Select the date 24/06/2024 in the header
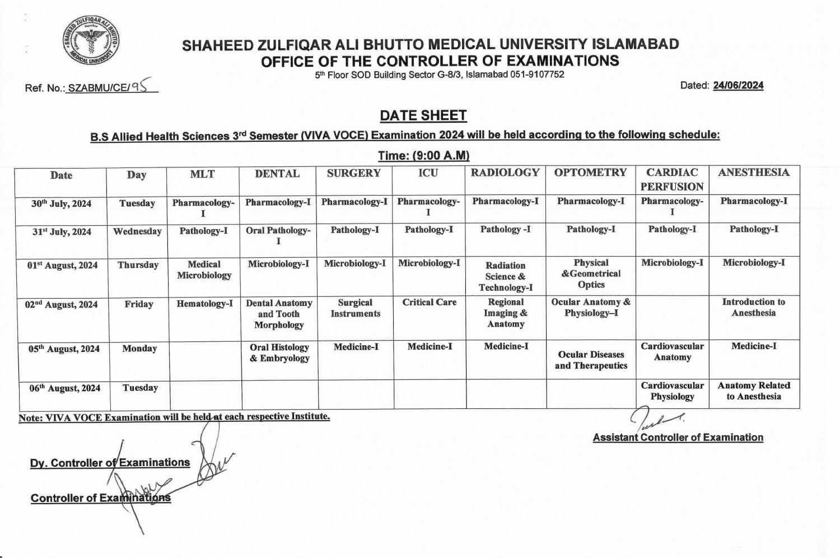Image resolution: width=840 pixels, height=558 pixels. (738, 86)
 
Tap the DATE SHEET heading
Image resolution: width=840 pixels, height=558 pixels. (423, 115)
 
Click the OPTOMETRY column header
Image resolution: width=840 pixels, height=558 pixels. (590, 173)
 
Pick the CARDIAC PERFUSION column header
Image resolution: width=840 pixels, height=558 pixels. (672, 179)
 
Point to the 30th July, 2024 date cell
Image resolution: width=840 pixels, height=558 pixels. (61, 203)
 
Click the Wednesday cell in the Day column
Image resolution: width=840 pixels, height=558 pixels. (137, 231)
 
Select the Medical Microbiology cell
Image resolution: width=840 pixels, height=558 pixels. (204, 269)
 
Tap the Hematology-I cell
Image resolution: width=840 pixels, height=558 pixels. (204, 304)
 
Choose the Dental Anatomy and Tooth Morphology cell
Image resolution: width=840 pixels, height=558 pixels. (279, 314)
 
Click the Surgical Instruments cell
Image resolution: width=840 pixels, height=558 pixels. (355, 308)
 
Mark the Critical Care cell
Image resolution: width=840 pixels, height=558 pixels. (429, 303)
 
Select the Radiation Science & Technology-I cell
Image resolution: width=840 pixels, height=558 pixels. (505, 276)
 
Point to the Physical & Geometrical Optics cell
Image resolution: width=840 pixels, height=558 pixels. (591, 273)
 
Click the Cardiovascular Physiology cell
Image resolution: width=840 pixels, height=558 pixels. (672, 391)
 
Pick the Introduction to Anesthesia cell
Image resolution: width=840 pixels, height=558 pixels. (753, 307)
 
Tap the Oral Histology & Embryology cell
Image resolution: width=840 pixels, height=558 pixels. (279, 352)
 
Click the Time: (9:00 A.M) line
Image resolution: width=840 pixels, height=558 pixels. (423, 155)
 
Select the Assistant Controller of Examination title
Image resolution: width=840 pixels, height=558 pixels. (678, 438)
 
